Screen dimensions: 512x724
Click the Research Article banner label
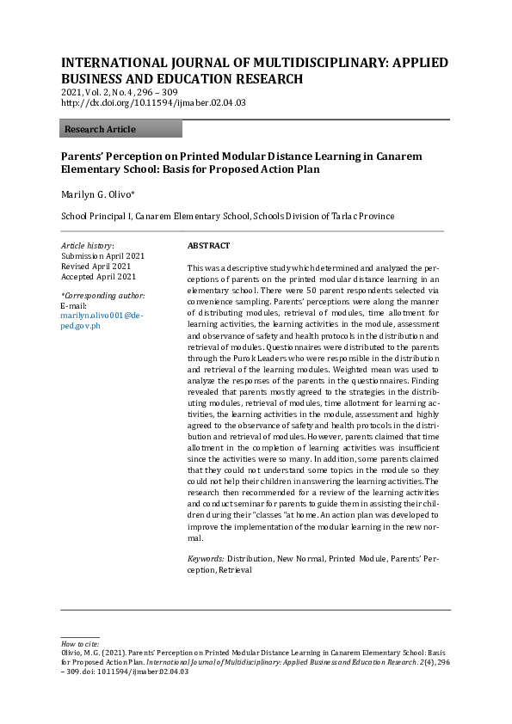(x=100, y=129)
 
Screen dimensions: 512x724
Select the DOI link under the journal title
(x=153, y=102)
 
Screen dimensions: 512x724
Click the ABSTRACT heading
(x=208, y=246)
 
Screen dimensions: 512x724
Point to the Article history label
(x=88, y=246)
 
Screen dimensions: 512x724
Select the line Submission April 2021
(x=102, y=256)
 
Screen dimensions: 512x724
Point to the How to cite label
(x=80, y=644)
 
